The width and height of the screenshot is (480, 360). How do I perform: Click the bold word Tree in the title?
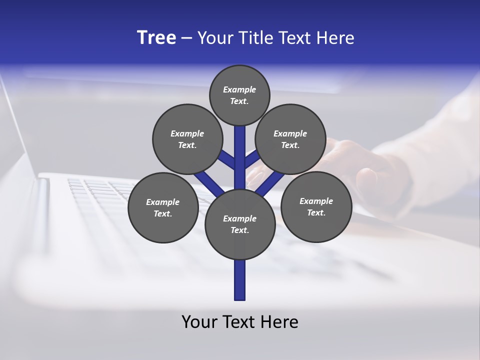pos(156,38)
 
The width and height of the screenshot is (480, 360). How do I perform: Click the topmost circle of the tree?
pos(239,95)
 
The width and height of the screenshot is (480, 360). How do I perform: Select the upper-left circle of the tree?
pos(187,139)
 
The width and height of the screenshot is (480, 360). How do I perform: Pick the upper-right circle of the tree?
pos(290,139)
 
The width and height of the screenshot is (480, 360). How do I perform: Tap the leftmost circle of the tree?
pos(163,208)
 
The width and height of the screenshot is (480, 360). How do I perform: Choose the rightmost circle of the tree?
pos(316,207)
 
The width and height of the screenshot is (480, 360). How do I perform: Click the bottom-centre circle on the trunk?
pos(240,224)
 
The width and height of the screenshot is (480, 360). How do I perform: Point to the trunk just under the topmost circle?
pos(240,137)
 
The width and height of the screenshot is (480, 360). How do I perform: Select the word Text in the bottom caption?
pos(237,322)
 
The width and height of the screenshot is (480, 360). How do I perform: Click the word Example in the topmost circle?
pos(239,90)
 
